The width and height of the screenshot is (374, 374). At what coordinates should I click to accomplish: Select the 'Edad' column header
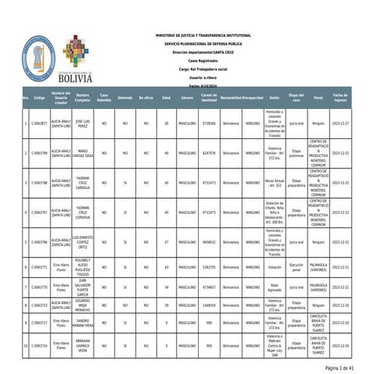[x=165, y=98]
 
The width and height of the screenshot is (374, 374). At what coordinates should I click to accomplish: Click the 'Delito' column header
[x=274, y=98]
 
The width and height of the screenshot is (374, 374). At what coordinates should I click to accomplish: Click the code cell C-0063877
[x=39, y=122]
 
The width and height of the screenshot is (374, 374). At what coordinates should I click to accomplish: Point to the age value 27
[x=165, y=243]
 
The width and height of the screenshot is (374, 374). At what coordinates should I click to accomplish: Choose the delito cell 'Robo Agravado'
[x=274, y=287]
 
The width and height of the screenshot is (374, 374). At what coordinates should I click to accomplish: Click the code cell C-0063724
[x=39, y=345]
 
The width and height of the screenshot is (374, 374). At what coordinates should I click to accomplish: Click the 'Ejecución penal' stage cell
[x=296, y=267]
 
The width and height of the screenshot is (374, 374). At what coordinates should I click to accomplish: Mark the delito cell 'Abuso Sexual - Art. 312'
[x=274, y=182]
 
